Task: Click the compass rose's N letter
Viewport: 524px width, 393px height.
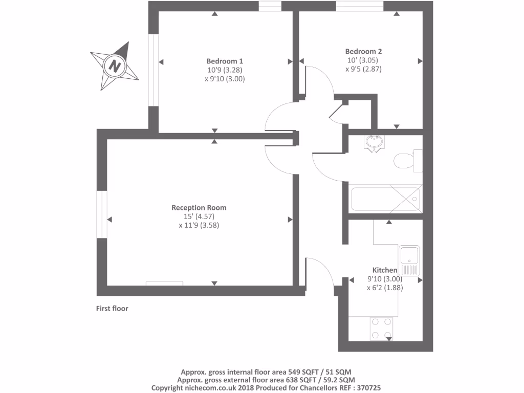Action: (115, 66)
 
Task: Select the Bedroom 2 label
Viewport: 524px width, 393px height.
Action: (363, 51)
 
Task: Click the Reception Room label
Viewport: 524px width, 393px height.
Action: (199, 208)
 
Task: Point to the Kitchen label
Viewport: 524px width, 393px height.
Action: (384, 270)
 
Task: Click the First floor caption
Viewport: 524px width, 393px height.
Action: (112, 309)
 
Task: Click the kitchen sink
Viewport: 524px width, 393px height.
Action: (410, 260)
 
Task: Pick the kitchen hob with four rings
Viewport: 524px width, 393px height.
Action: (381, 329)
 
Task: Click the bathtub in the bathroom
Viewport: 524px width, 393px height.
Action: (386, 199)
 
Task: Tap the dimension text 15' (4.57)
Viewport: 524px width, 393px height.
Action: (199, 216)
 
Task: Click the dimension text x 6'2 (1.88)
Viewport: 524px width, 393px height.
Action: (384, 288)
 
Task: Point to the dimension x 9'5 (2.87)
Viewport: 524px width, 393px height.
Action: (363, 69)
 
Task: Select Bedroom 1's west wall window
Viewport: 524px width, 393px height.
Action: (153, 71)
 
